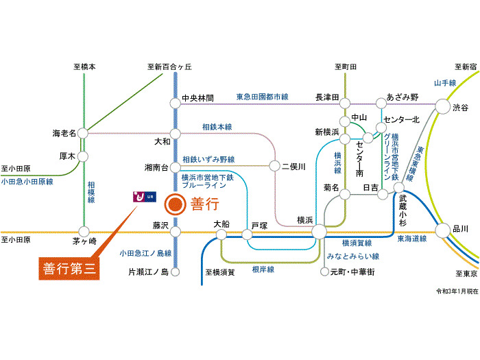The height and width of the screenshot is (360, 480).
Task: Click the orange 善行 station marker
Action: [175, 204]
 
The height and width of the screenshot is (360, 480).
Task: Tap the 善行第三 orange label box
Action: [69, 269]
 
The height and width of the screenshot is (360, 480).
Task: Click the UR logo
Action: [145, 197]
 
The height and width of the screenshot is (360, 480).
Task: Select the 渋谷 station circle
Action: [443, 106]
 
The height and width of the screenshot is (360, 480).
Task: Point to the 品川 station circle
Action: [443, 231]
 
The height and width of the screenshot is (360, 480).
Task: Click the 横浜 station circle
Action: [320, 232]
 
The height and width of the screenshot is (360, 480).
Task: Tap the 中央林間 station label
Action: [197, 98]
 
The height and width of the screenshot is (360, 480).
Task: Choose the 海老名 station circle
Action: [83, 134]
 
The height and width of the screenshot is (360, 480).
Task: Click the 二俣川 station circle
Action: [274, 166]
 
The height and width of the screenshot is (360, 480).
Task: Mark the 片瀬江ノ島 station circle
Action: [175, 272]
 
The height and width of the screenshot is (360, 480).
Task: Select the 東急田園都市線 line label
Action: [263, 97]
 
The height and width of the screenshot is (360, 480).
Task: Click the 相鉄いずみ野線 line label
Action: [208, 160]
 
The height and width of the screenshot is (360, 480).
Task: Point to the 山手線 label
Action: [445, 83]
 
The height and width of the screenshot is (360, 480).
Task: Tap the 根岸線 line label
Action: [263, 269]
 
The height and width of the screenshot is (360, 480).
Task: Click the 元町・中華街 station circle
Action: [324, 272]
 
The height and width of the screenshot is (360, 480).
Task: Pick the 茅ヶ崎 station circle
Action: [84, 232]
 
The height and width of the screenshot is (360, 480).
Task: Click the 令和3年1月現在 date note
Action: [457, 291]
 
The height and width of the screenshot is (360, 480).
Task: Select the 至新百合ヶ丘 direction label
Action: [169, 67]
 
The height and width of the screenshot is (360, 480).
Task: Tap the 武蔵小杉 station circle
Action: [399, 187]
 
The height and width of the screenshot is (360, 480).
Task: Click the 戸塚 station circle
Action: [248, 235]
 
